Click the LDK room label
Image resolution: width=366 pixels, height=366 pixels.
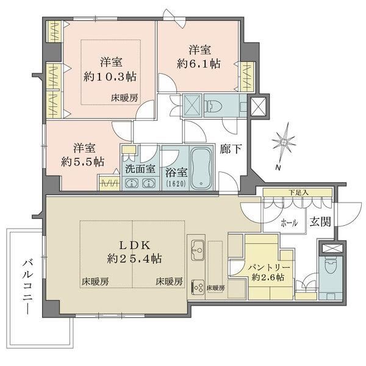135,245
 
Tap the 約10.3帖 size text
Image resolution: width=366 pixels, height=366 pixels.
110,77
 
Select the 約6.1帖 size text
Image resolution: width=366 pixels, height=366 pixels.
199,63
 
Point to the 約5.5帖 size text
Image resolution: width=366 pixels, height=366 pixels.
82,162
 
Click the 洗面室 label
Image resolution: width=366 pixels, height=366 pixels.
140,168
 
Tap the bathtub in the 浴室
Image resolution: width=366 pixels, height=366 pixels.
201,168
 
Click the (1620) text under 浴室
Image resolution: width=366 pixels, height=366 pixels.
176,184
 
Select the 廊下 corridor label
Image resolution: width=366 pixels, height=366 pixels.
231,149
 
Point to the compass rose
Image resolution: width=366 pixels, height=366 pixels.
284,143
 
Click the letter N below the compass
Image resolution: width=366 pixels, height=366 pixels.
278,167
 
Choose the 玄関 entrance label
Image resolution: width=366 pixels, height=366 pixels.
320,221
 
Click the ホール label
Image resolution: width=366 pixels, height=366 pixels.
289,223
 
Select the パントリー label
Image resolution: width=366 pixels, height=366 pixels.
269,267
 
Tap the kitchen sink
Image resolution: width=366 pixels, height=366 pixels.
198,250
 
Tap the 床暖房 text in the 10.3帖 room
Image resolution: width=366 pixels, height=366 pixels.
124,98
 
